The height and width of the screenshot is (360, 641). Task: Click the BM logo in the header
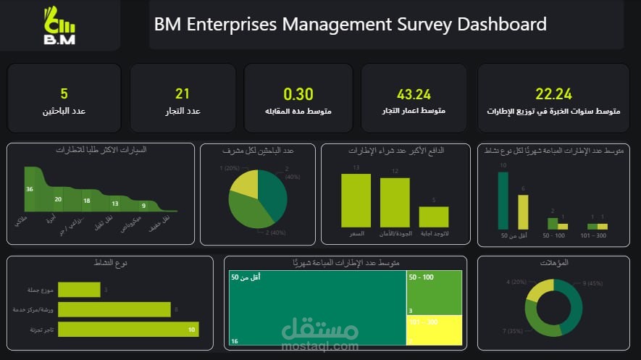click(59, 25)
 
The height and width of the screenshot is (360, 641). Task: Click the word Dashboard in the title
click(501, 24)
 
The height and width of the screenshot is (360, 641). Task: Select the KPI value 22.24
click(553, 93)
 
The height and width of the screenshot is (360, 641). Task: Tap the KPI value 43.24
click(414, 94)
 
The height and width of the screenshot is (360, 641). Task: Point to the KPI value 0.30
click(298, 94)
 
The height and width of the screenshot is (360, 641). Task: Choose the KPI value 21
click(183, 94)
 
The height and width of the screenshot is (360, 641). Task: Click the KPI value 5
click(64, 94)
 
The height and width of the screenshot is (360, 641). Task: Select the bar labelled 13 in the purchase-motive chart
click(356, 201)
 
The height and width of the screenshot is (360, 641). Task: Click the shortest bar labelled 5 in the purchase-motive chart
click(434, 217)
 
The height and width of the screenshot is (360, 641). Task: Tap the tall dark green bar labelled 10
click(503, 201)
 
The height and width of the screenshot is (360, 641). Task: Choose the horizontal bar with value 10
click(127, 330)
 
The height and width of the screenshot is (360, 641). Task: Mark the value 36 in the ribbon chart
click(30, 189)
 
